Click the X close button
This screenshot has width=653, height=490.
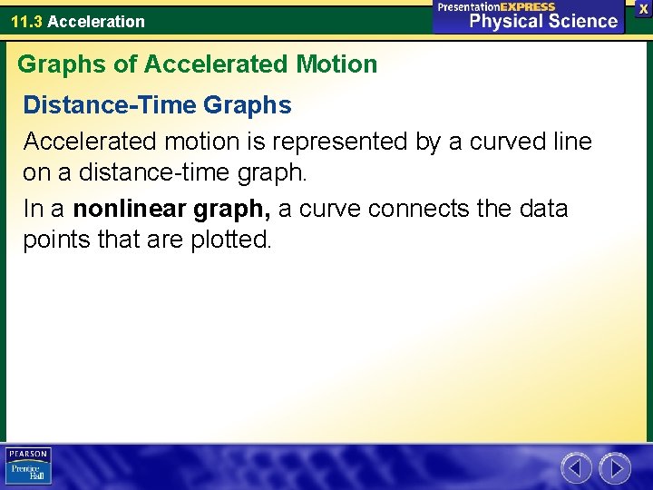[x=643, y=7]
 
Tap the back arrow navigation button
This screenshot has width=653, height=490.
[x=576, y=468]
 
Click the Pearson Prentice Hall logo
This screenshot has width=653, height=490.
[x=28, y=465]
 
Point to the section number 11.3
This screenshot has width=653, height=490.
[x=26, y=21]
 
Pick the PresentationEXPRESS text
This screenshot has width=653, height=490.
[x=496, y=6]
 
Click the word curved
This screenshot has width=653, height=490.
[x=500, y=142]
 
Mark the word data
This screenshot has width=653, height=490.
[x=544, y=209]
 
